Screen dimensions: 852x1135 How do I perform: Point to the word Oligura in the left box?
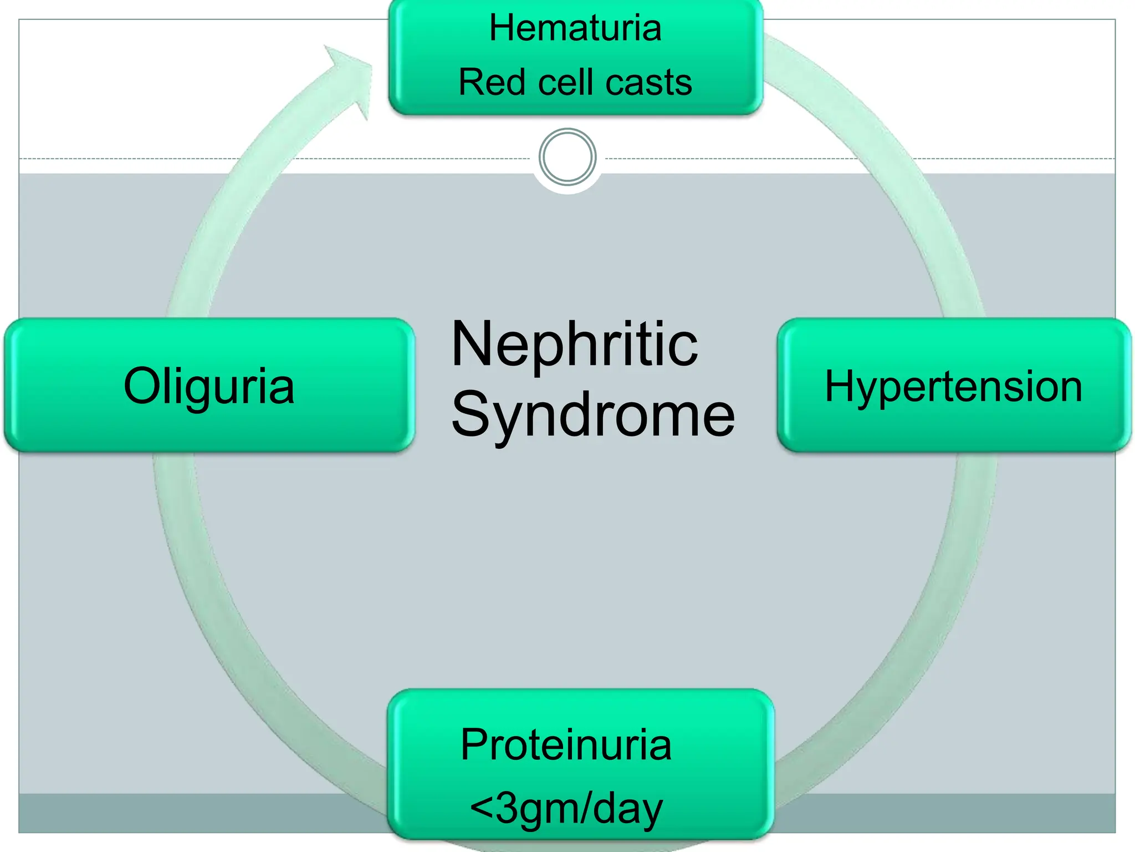[x=209, y=386]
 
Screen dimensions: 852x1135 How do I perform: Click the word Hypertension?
[x=953, y=387]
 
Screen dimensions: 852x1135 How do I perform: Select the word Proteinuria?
[x=566, y=744]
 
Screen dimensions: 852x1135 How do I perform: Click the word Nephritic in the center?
[x=575, y=344]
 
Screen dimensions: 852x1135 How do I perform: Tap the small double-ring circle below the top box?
[x=567, y=156]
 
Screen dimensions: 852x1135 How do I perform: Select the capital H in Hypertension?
[x=839, y=386]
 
